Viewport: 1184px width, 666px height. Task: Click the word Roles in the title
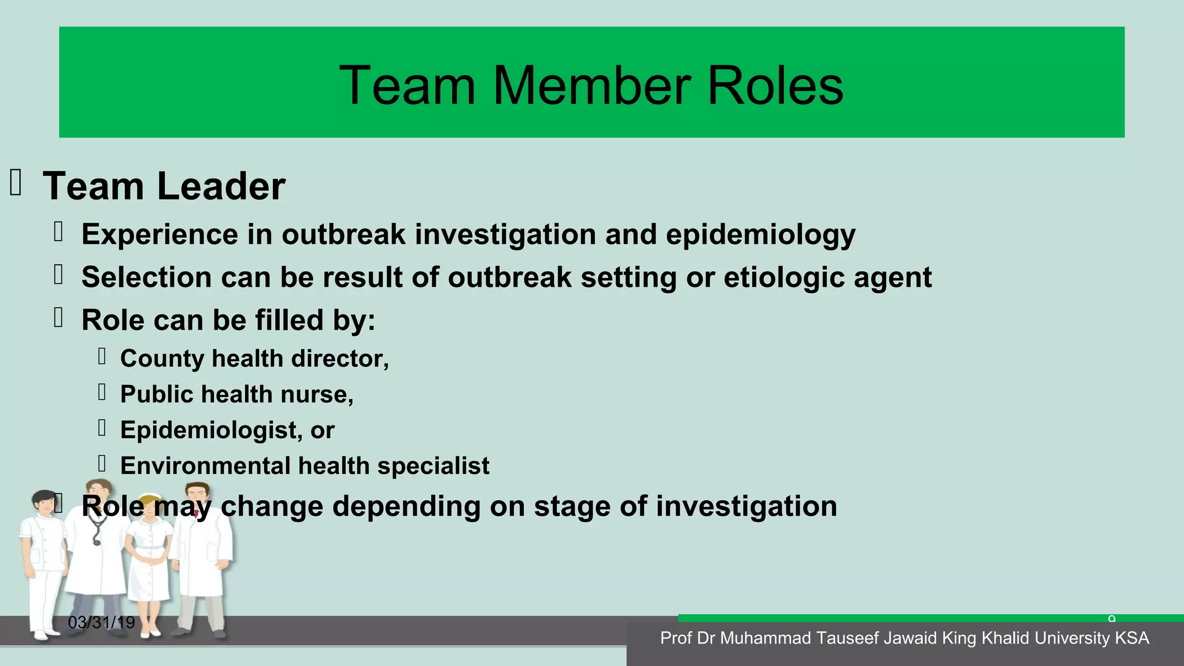tap(775, 86)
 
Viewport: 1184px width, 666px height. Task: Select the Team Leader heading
tap(164, 186)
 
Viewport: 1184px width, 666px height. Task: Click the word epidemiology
tap(760, 235)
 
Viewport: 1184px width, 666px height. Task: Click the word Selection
tap(146, 277)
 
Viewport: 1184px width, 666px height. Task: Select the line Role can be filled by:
tap(228, 320)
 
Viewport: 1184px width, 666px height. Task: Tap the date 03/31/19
tap(101, 623)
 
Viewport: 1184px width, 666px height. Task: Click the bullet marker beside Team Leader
tap(16, 183)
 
